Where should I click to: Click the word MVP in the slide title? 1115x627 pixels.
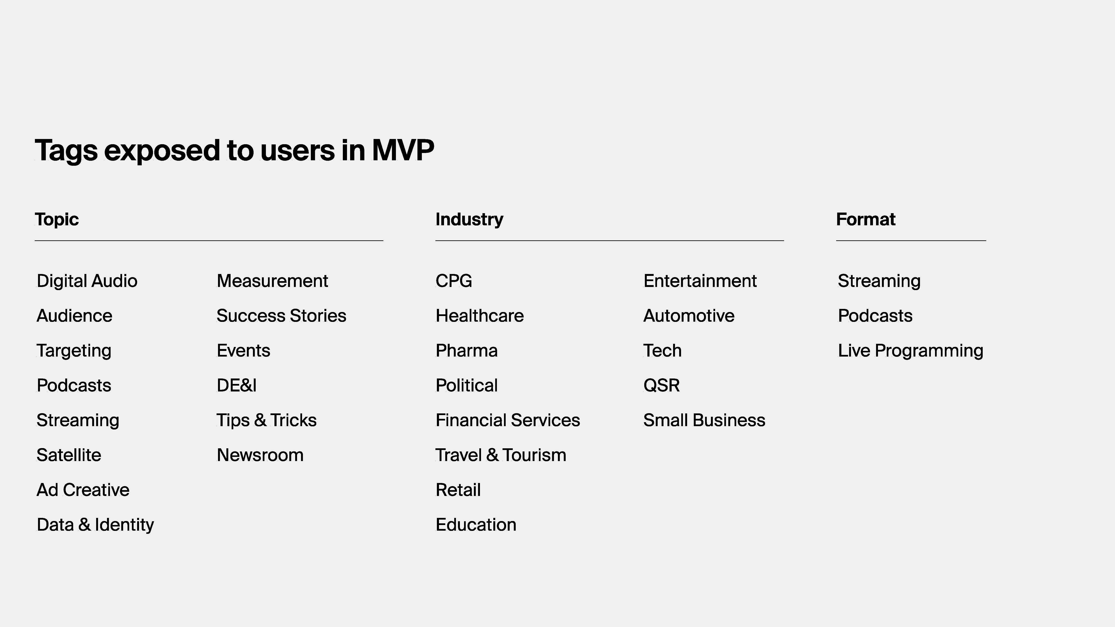click(x=403, y=150)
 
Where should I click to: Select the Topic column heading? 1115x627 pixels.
click(x=57, y=219)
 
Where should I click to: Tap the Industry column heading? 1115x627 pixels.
click(x=469, y=219)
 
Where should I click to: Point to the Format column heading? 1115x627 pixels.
click(x=866, y=219)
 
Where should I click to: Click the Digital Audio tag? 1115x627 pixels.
click(x=87, y=281)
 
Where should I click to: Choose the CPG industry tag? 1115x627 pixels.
click(x=454, y=281)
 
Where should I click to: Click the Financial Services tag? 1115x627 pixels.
click(x=508, y=420)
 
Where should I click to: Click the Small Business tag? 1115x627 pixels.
click(x=704, y=420)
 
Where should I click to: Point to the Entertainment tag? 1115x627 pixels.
click(x=700, y=281)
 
